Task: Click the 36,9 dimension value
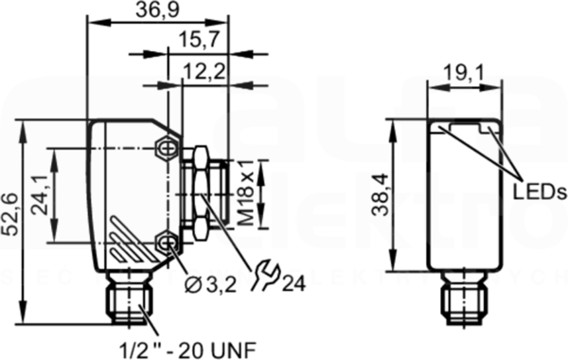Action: [157, 9]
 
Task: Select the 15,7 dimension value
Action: [200, 39]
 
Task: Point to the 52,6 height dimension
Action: [10, 215]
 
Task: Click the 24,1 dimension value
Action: [39, 195]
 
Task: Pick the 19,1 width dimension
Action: [464, 73]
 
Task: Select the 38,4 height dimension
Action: [381, 195]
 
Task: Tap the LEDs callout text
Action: [540, 191]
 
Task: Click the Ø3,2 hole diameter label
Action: [210, 285]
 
